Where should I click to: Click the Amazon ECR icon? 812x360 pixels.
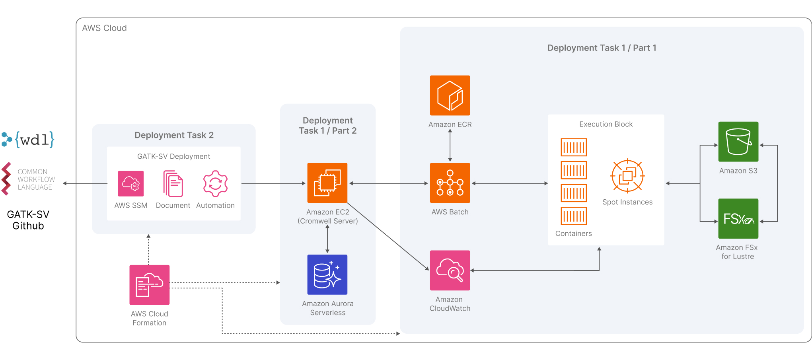450,95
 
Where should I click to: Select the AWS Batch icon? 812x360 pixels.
450,183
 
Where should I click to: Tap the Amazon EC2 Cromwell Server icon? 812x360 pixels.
327,183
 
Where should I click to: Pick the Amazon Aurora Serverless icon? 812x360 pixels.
327,274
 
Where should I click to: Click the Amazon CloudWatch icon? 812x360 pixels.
450,270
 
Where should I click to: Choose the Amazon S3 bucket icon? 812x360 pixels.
738,142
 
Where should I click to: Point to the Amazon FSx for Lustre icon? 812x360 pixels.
738,218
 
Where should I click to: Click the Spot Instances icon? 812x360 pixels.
627,176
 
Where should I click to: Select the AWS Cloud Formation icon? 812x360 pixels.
150,285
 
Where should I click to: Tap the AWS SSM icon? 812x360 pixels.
131,184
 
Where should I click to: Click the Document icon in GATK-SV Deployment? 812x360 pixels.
173,184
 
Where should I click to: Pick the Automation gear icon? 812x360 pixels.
215,184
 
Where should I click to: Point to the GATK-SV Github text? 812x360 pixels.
28,220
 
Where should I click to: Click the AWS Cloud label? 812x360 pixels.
104,28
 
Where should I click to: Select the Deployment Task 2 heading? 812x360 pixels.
174,135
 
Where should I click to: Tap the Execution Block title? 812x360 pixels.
606,124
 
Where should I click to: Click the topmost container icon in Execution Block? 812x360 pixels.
574,147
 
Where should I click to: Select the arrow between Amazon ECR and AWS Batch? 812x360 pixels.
450,146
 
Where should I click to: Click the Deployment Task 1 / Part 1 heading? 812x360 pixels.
602,48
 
